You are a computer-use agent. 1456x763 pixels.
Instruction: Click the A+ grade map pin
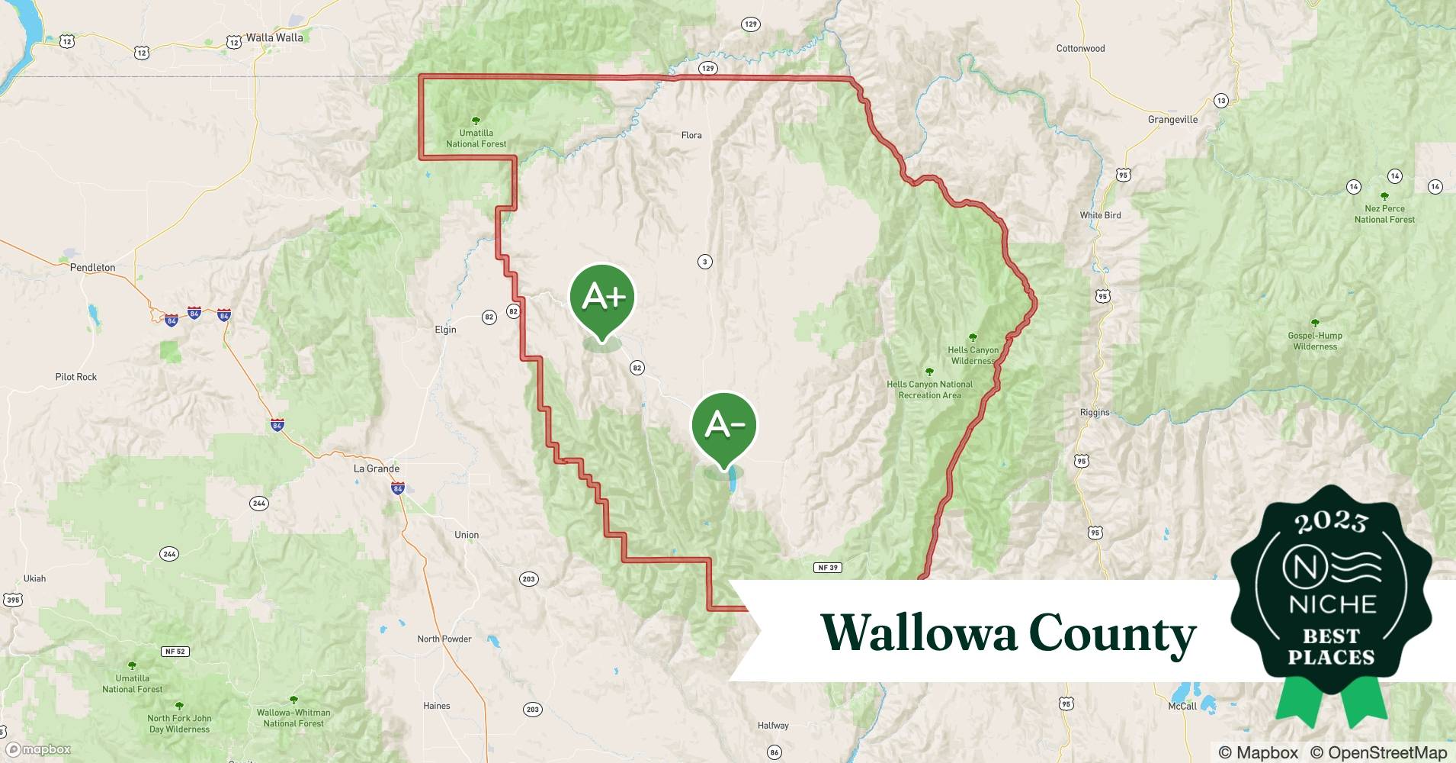tap(602, 298)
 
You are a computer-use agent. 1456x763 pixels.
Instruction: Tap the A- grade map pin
tap(724, 425)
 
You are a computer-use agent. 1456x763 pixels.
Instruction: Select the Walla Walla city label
tap(274, 37)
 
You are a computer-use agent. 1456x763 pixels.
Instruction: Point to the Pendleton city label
tap(92, 268)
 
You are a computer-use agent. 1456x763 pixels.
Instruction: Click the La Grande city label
tap(377, 468)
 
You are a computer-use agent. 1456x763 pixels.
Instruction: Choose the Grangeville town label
tap(1172, 120)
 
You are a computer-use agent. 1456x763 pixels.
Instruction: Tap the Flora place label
tap(691, 135)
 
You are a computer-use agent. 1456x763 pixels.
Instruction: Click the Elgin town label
tap(445, 330)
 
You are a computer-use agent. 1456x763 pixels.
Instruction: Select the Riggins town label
tap(1095, 413)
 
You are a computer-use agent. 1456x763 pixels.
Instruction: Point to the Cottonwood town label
tap(1080, 48)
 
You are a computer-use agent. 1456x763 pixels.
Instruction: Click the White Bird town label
tap(1100, 215)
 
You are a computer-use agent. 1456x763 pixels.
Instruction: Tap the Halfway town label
tap(773, 726)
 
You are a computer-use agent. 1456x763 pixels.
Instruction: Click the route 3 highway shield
tap(705, 262)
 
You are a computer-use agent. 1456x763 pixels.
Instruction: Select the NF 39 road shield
tap(828, 568)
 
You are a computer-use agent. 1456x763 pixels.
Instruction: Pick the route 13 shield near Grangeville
tap(1221, 101)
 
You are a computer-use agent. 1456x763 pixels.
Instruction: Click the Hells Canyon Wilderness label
tap(973, 355)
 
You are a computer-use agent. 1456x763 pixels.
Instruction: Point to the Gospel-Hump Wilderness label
tap(1315, 340)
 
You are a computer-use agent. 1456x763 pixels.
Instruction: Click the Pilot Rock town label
tap(76, 377)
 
